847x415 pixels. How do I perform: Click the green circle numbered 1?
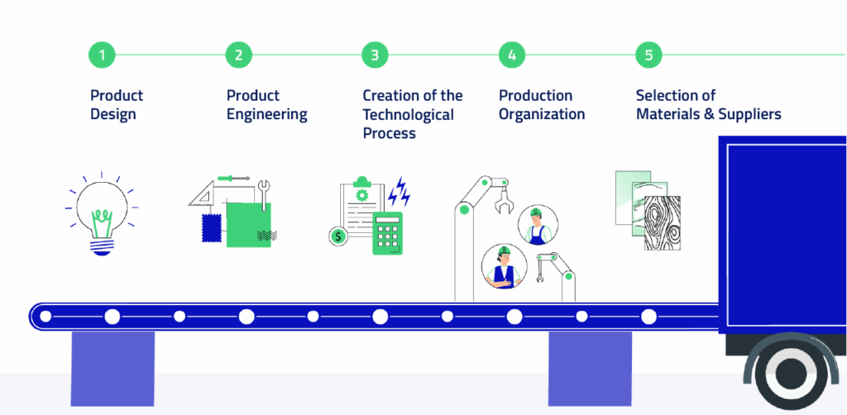(x=102, y=55)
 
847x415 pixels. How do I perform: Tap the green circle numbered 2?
(x=238, y=55)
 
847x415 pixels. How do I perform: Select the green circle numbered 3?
(x=375, y=55)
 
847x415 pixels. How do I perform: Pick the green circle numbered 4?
(x=512, y=55)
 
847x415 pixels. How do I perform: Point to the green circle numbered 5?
(x=648, y=55)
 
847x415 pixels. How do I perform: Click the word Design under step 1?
(x=112, y=114)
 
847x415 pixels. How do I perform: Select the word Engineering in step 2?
(x=267, y=114)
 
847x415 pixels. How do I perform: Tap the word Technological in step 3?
(x=409, y=114)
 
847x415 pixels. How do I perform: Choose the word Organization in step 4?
(x=542, y=114)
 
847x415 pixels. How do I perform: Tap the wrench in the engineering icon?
(x=264, y=194)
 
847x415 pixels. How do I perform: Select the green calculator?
(x=387, y=232)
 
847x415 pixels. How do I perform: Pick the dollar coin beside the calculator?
(x=337, y=236)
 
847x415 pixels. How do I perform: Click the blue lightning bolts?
(x=400, y=191)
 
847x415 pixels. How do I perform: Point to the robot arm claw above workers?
(x=502, y=198)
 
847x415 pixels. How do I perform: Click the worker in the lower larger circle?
(x=504, y=266)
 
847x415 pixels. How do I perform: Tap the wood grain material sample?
(x=662, y=223)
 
